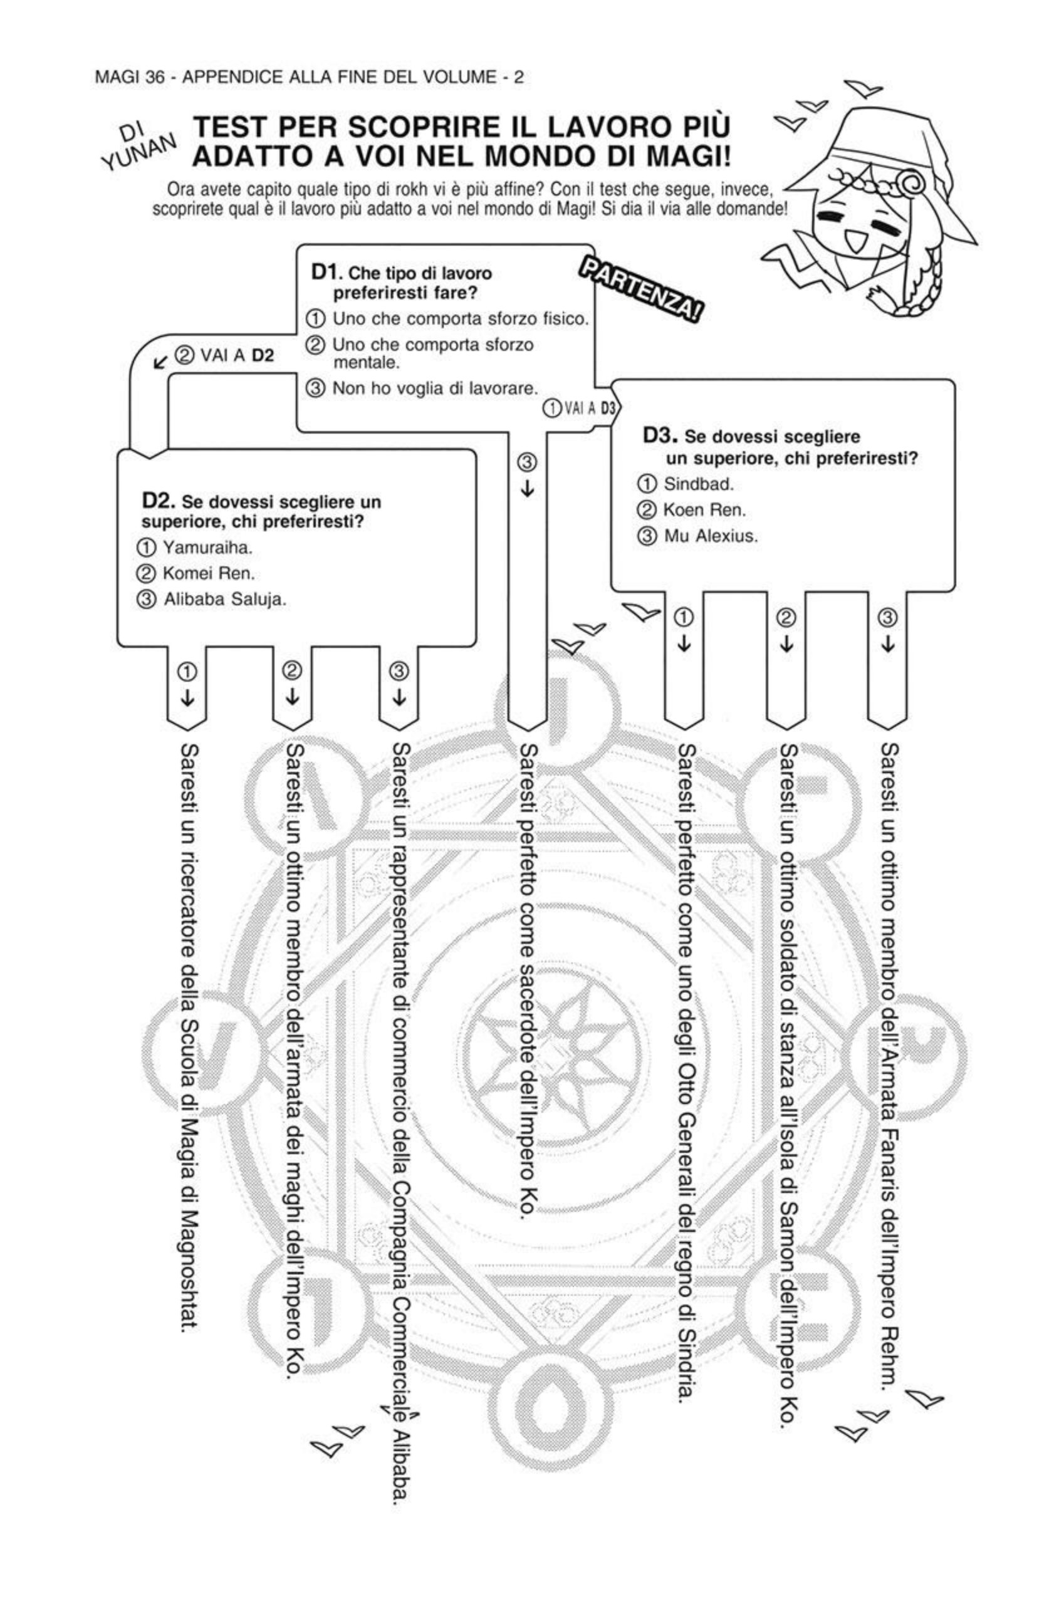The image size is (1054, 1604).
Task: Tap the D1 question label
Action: point(327,273)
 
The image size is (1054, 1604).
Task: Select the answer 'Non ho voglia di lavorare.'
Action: point(435,389)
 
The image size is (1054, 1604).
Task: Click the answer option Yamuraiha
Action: point(207,547)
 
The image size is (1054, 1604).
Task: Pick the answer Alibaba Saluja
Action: point(224,600)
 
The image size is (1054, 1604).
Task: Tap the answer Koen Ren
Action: point(704,509)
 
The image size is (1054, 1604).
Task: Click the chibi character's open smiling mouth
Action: point(858,239)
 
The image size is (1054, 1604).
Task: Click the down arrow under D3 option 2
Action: point(786,643)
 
